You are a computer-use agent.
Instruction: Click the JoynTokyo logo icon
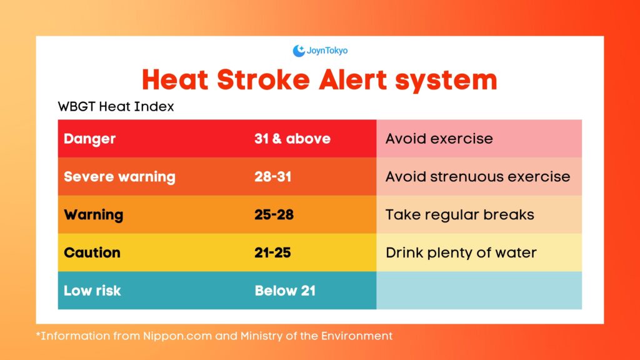[298, 51]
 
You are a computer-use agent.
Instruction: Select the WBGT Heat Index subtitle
[116, 107]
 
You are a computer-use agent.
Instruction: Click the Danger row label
[89, 139]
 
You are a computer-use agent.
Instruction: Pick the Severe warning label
[119, 177]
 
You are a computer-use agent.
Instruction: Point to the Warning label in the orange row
[93, 215]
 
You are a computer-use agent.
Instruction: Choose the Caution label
[92, 252]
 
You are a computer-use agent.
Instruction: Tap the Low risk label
[92, 291]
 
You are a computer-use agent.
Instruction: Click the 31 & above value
[292, 139]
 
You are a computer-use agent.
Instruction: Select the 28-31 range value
[273, 177]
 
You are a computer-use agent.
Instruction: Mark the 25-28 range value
[274, 215]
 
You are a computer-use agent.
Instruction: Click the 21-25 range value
[272, 252]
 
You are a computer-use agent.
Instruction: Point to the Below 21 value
[285, 291]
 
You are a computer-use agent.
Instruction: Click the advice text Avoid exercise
[439, 139]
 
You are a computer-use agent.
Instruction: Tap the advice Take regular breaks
[459, 215]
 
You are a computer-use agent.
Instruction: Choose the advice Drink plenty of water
[461, 252]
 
